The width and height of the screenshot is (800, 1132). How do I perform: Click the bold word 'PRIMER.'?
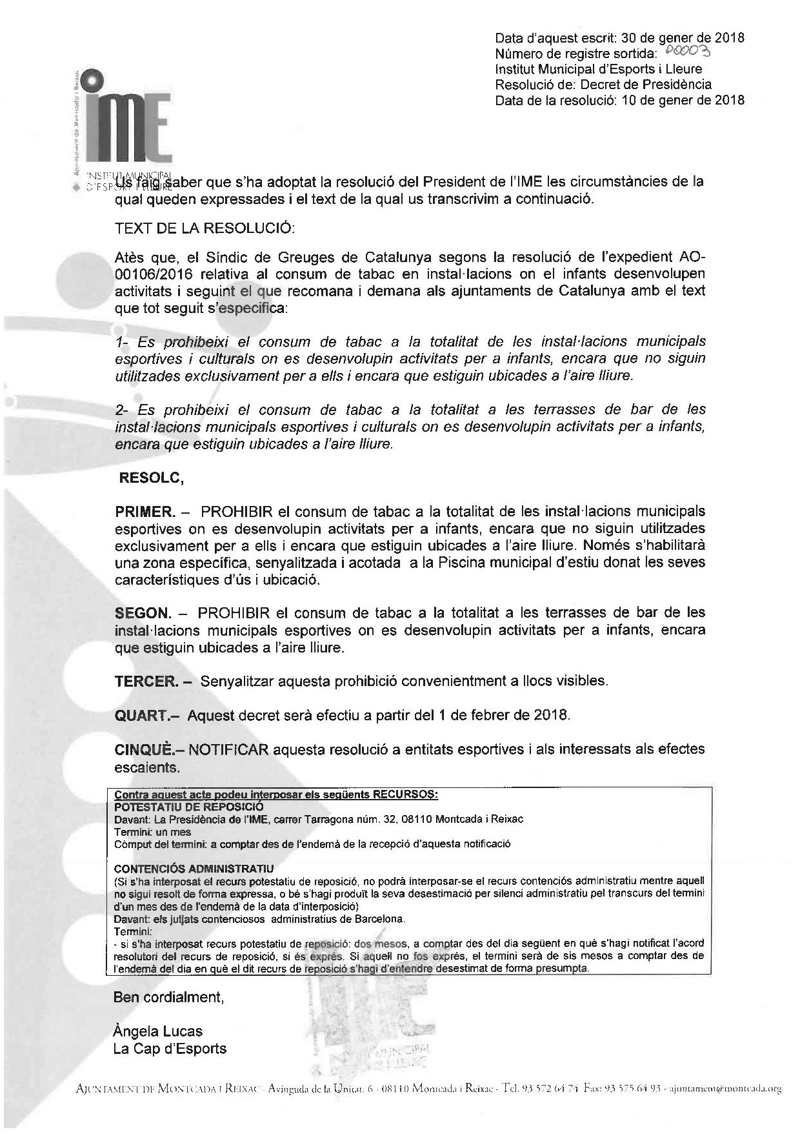coord(145,512)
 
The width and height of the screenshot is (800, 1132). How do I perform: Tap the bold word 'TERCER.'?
coord(145,681)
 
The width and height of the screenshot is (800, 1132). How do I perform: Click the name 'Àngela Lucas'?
coord(157,1031)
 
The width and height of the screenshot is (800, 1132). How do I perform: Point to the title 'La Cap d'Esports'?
coord(170,1048)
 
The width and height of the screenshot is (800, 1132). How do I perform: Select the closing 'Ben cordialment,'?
coord(168,997)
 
